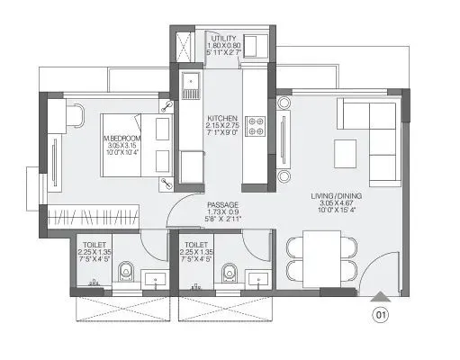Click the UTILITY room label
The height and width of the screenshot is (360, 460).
coord(222,40)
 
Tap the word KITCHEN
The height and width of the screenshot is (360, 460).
coord(221,118)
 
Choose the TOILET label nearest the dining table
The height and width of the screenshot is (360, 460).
coord(197,243)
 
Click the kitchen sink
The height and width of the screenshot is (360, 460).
coord(192,86)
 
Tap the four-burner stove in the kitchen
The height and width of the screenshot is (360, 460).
coord(255,126)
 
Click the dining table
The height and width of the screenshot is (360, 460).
coord(321,256)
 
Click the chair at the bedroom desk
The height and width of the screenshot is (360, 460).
coord(76,116)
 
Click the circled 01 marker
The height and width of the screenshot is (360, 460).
coord(382,316)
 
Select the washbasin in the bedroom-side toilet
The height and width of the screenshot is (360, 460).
coord(156,279)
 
